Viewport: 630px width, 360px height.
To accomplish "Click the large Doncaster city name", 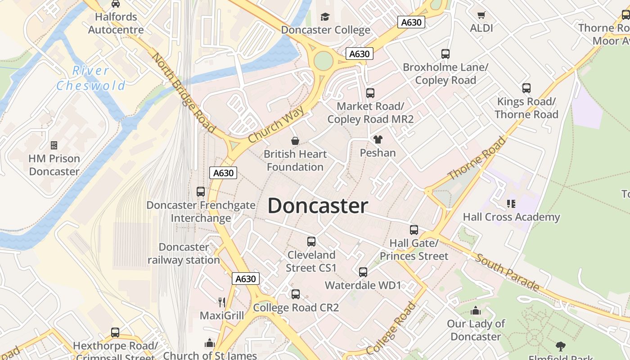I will point(318,206).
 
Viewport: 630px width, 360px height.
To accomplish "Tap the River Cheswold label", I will point(91,78).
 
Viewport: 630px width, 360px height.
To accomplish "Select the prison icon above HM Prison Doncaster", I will point(54,145).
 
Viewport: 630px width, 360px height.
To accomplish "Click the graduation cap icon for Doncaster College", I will point(324,17).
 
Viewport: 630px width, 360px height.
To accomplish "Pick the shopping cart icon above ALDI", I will point(481,15).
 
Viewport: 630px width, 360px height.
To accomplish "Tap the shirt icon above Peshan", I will point(378,139).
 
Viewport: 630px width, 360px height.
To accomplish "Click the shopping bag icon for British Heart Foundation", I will point(295,141).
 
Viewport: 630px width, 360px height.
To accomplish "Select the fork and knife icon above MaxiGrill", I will point(221,302).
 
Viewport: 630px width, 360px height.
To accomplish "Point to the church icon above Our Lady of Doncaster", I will point(476,310).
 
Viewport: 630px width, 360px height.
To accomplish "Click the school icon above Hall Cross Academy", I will point(511,204).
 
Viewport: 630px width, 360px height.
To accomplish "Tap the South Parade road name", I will point(507,272).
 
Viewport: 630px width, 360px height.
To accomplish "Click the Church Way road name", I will point(276,124).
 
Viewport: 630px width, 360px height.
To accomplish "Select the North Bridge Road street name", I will point(183,93).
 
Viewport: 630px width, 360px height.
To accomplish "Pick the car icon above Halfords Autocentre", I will point(116,4).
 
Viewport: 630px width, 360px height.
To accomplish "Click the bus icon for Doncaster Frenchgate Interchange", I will point(201,192).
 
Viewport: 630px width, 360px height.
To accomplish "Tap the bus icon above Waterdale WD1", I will point(363,272).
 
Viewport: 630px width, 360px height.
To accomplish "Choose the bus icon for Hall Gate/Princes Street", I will point(414,230).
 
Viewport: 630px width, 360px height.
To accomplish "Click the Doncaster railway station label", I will point(184,253).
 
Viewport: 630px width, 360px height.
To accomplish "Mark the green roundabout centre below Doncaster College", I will point(323,61).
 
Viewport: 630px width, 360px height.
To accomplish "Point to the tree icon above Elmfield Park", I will point(560,346).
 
